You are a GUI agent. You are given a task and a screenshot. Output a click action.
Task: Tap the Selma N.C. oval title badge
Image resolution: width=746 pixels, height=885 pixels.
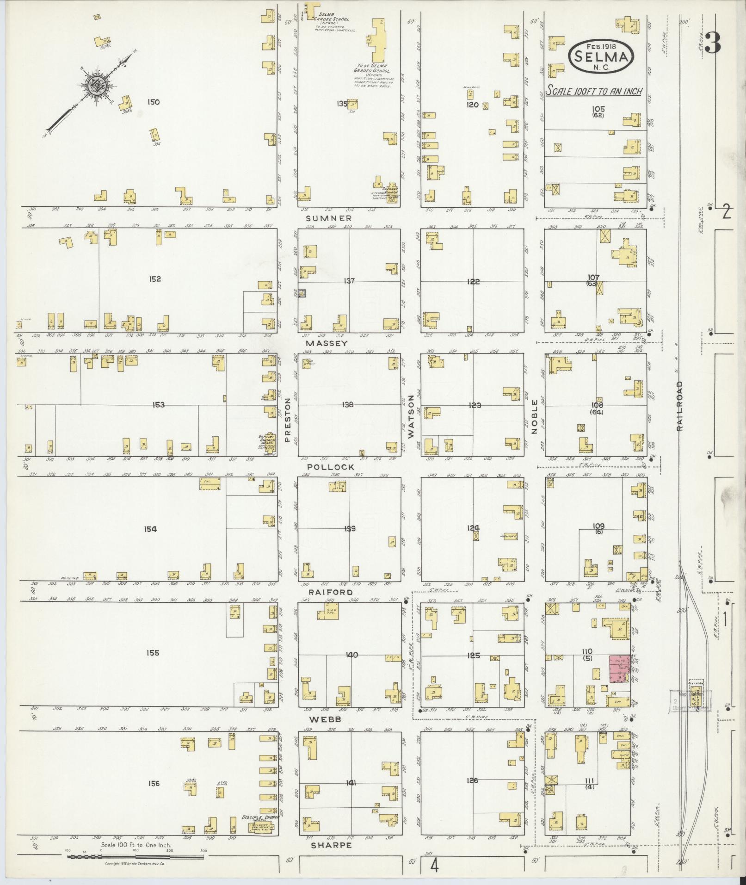tap(600, 56)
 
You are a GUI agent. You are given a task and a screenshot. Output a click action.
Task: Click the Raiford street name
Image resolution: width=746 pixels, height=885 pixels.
tap(331, 592)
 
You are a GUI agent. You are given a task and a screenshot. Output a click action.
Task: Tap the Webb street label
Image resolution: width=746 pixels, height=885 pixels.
tap(326, 719)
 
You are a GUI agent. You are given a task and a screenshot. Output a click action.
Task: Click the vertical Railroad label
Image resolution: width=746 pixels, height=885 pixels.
tap(679, 406)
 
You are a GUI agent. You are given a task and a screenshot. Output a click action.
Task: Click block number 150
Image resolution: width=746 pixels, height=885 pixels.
tap(153, 102)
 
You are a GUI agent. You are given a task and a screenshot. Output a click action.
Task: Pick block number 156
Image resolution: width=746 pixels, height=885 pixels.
tap(154, 783)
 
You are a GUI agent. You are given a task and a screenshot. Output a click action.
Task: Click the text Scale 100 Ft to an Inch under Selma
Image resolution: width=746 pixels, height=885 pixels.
tap(594, 91)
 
